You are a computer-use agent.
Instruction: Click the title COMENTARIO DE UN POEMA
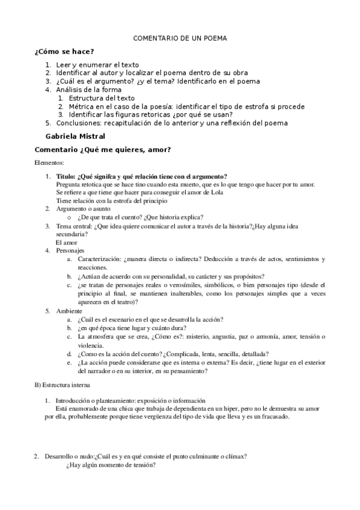180,38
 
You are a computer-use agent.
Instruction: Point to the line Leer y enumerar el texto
98,64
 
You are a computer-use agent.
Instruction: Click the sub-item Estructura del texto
102,98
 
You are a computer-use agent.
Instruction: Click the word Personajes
70,250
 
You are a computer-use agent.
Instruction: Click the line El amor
65,242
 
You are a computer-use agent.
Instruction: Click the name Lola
216,192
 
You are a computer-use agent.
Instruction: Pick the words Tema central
73,226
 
